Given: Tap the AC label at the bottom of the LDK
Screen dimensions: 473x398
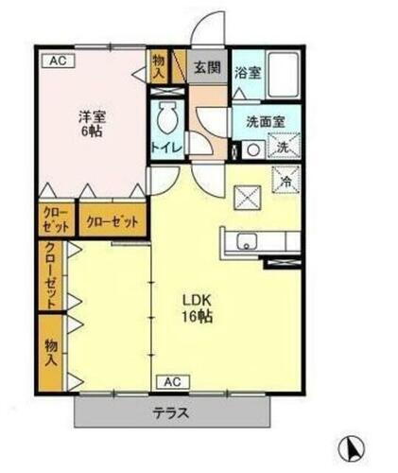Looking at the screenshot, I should [172, 381].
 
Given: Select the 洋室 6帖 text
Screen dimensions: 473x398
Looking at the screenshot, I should [91, 124].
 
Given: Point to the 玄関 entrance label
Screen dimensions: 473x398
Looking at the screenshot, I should [207, 68].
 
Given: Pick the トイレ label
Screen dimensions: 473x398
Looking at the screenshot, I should [166, 147].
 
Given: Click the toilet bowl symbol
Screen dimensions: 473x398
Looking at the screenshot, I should [167, 119].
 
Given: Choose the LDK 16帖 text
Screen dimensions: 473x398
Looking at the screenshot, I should [198, 308].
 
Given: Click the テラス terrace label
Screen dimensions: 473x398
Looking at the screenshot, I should [171, 412].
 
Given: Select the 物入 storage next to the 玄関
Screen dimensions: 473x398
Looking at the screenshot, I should [158, 66].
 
